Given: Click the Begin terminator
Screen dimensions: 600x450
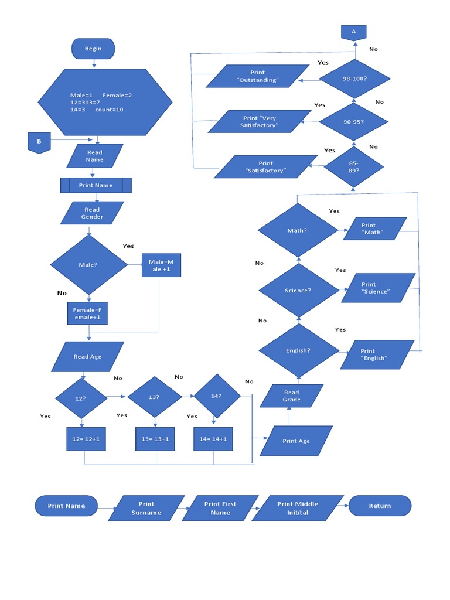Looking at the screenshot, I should pyautogui.click(x=93, y=49).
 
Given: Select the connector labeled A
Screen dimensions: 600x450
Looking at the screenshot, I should pyautogui.click(x=354, y=32).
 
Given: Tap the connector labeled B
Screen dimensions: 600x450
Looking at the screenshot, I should pyautogui.click(x=39, y=142).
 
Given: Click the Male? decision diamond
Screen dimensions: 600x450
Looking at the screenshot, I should pyautogui.click(x=88, y=265).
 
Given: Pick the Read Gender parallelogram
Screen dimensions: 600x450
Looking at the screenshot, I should pyautogui.click(x=92, y=213).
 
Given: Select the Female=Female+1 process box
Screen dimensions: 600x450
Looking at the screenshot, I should pyautogui.click(x=87, y=313).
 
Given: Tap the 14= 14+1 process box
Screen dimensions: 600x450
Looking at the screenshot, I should pyautogui.click(x=213, y=439).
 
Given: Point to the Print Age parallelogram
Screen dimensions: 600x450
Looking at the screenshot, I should pyautogui.click(x=296, y=441).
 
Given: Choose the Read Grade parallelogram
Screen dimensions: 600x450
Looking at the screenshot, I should pyautogui.click(x=292, y=396).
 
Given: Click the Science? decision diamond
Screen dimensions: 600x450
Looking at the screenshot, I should pyautogui.click(x=299, y=291).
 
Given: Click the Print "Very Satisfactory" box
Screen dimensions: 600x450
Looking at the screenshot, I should pyautogui.click(x=259, y=122).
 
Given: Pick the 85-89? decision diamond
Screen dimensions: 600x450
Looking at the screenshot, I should pyautogui.click(x=353, y=166).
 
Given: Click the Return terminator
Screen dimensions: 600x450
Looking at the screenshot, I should pyautogui.click(x=380, y=506).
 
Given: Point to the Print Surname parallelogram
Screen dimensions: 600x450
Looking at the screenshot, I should pyautogui.click(x=146, y=508).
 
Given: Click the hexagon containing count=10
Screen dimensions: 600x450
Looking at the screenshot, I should pyautogui.click(x=105, y=103).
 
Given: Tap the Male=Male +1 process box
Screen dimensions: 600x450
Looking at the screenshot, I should pyautogui.click(x=161, y=265).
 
